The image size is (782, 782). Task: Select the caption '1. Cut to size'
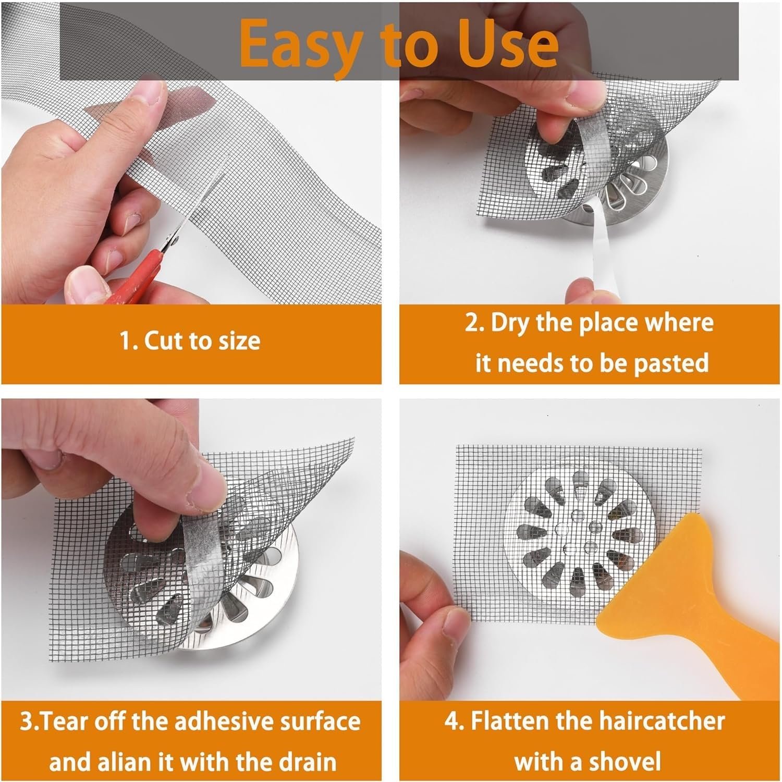pos(190,341)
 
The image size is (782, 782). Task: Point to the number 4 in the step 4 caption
pos(451,722)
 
